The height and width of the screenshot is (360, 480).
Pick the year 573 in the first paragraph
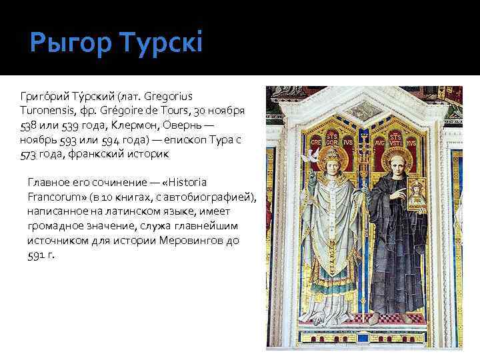30,154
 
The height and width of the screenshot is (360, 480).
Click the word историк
151,154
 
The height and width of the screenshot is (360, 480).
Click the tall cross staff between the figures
364,200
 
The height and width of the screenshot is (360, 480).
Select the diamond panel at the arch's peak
363,110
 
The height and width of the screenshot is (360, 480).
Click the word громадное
55,226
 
